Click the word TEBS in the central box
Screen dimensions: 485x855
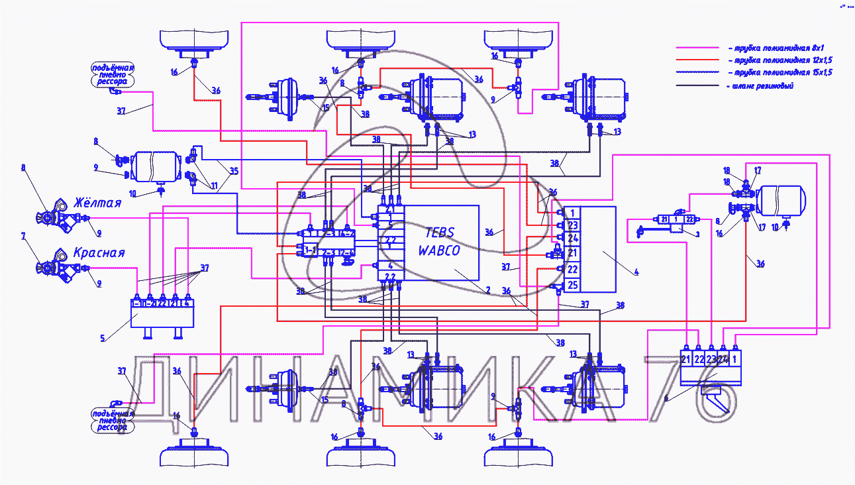tap(440, 233)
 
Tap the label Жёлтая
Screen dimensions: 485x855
tap(98, 202)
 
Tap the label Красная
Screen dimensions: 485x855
tap(99, 252)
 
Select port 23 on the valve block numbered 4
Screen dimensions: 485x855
tap(574, 225)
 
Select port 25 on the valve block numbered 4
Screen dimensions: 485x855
tap(574, 286)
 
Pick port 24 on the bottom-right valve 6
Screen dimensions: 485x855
tap(723, 360)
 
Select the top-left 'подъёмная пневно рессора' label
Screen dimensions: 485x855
tap(113, 75)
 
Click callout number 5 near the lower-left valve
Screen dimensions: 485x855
tap(103, 338)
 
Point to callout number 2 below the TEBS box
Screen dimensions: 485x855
tap(487, 290)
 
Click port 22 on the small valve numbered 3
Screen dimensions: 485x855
tap(689, 219)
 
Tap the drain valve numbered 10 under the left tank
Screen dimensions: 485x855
tap(160, 191)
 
